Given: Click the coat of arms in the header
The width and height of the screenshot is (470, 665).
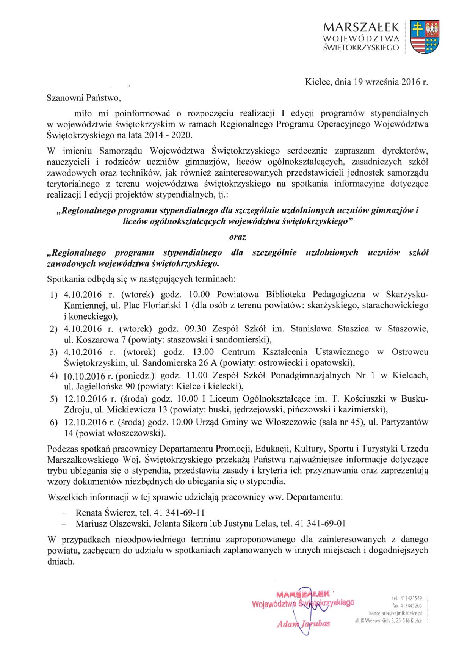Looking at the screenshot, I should [x=425, y=37].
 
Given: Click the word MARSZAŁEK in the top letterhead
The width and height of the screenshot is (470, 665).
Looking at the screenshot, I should [x=361, y=27].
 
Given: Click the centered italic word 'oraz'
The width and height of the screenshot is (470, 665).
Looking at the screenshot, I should [x=238, y=237].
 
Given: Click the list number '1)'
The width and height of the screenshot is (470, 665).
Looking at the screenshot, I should [x=53, y=295].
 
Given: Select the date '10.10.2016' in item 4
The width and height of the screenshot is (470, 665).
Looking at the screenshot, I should [x=84, y=376].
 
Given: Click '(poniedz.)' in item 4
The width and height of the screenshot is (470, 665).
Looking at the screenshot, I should [x=135, y=376].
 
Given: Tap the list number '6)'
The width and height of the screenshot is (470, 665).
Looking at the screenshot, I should [x=53, y=422].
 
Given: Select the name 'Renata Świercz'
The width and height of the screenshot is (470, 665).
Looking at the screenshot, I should [x=106, y=513].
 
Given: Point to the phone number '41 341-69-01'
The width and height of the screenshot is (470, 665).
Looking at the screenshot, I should [x=320, y=524].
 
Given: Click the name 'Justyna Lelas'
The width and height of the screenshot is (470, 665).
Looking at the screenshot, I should [x=251, y=524].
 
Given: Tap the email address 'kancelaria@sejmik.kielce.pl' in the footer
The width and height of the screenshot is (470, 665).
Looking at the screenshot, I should [x=395, y=613].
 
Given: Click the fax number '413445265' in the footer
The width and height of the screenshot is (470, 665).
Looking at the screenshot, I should [x=411, y=606].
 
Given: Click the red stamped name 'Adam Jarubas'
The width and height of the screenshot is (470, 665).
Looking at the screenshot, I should [x=303, y=624].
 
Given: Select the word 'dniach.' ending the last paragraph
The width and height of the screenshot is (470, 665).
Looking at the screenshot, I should [x=61, y=561].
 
